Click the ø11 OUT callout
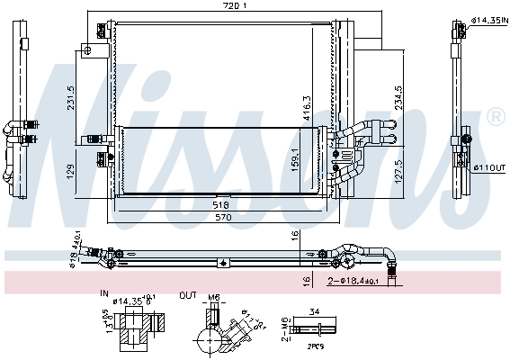coord(487,167)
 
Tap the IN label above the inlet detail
coord(104,293)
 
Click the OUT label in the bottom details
coord(187,293)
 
